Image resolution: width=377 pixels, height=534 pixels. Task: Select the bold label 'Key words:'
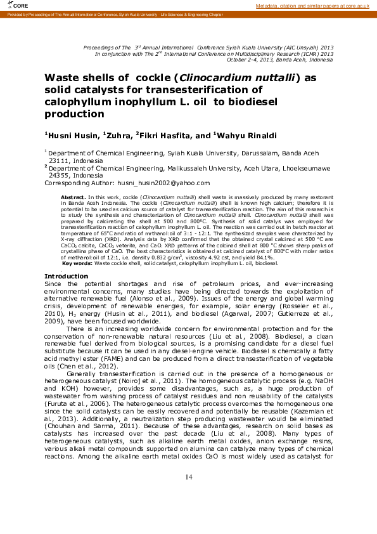click(x=77, y=263)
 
